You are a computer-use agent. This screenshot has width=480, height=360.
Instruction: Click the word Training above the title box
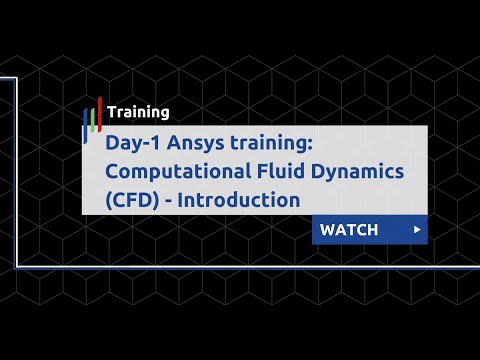pos(138,113)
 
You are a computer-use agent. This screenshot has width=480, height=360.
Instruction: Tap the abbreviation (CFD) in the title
pos(129,199)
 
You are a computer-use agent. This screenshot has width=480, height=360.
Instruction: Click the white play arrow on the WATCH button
pos(416,230)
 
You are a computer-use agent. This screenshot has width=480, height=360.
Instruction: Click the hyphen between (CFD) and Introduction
pos(166,200)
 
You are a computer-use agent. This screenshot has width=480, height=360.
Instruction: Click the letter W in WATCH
pos(327,230)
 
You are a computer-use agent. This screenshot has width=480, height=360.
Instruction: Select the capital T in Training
pos(111,113)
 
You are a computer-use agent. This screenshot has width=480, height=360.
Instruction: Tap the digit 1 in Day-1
pos(158,144)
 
